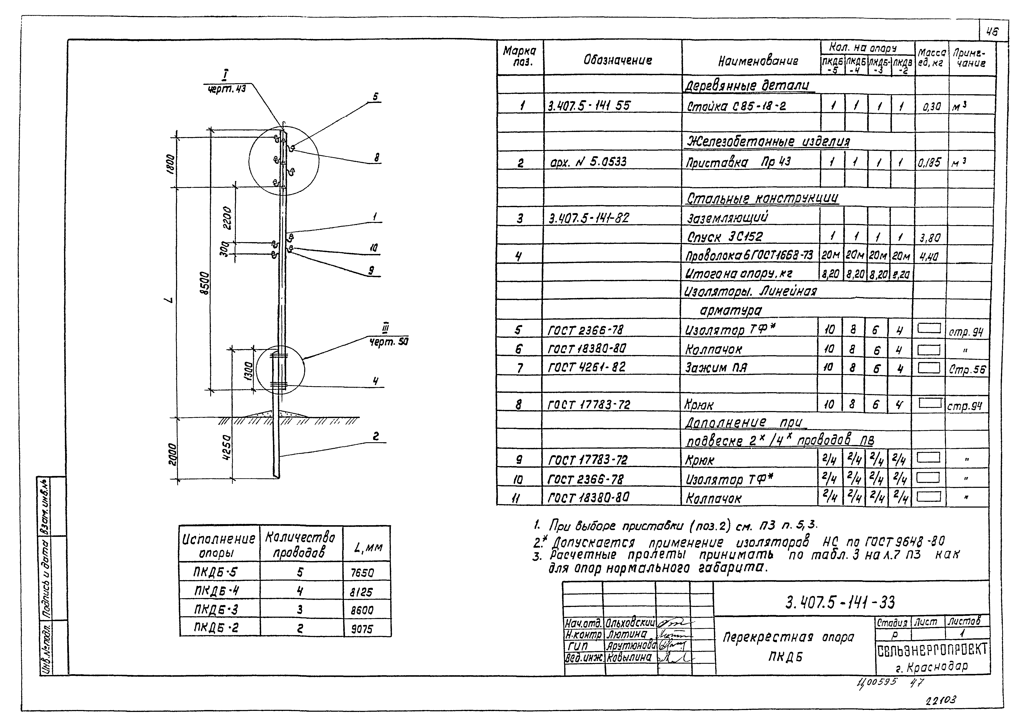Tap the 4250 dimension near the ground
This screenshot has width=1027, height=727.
pos(227,449)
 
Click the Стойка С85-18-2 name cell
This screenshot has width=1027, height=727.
pos(736,107)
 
